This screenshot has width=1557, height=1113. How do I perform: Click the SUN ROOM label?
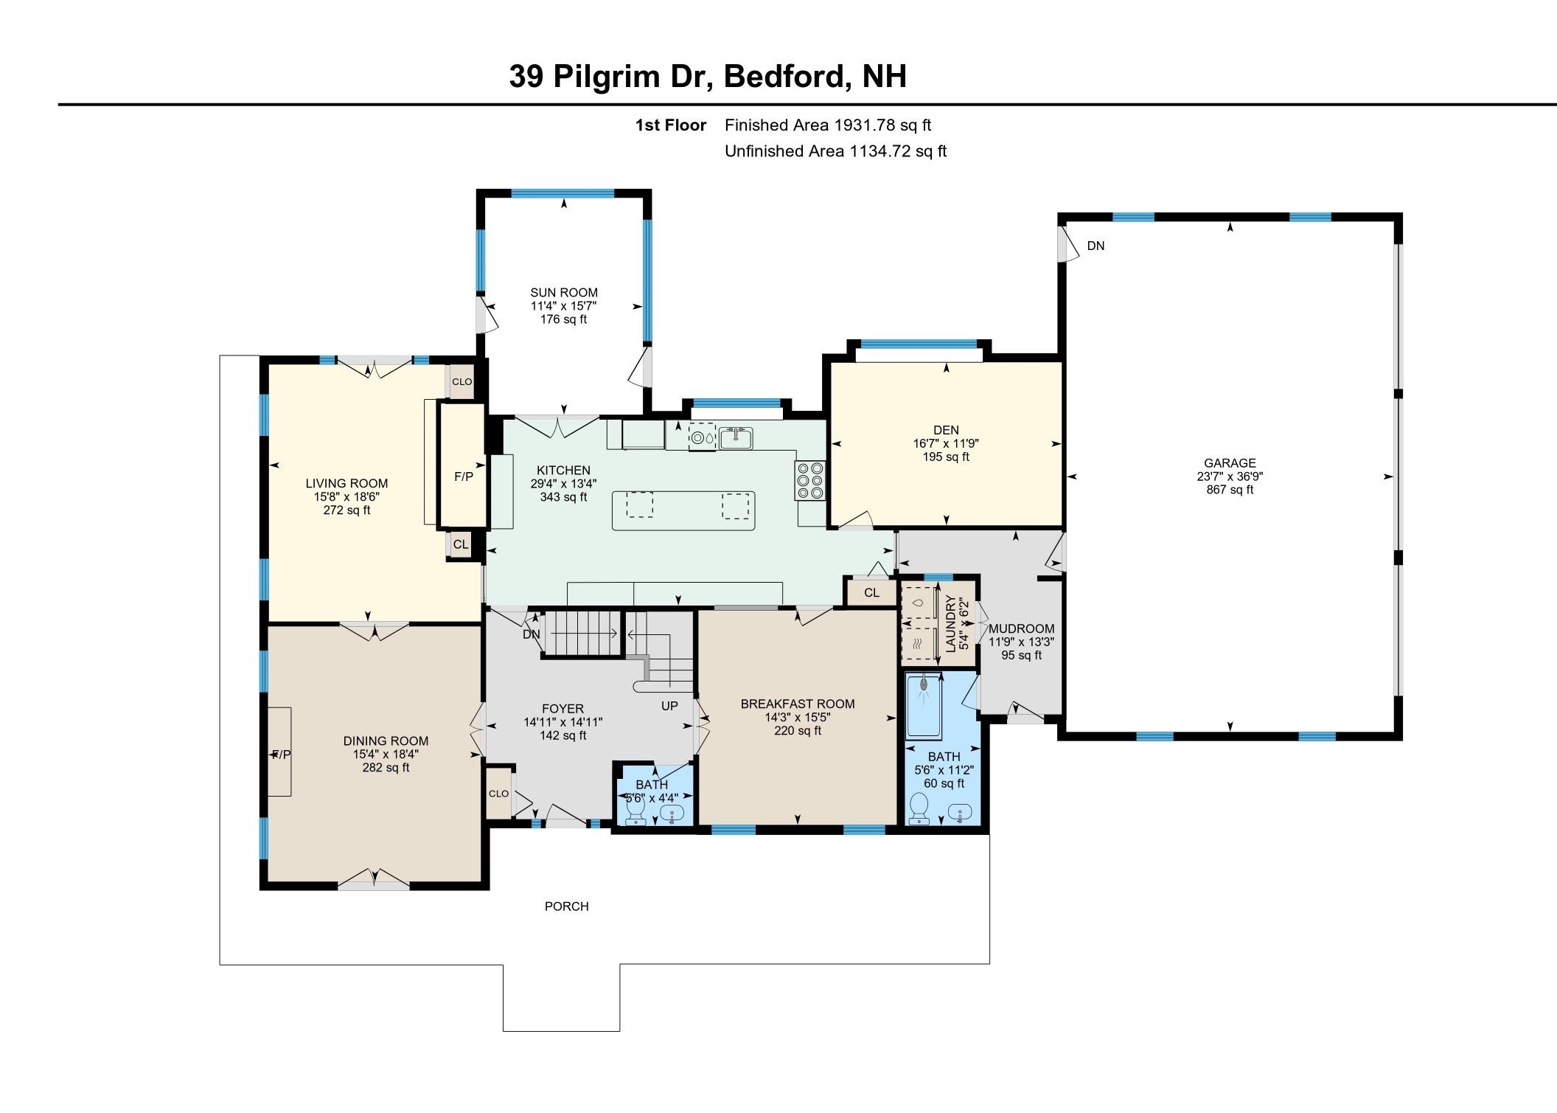click(x=564, y=293)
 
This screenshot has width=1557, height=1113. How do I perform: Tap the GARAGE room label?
click(x=1230, y=463)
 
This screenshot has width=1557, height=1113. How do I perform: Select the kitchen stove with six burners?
click(x=810, y=481)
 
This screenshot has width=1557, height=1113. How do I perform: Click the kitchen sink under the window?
click(x=736, y=438)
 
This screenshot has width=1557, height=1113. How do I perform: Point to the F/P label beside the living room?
click(x=464, y=477)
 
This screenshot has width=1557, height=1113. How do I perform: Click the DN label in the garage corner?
click(x=1096, y=246)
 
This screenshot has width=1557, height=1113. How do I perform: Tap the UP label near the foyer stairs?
click(x=669, y=706)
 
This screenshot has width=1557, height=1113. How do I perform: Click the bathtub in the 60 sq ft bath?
click(x=924, y=707)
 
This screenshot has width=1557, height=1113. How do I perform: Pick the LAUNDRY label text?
click(x=950, y=623)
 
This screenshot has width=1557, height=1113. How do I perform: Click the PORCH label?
click(x=566, y=906)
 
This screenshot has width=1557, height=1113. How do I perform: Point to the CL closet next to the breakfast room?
click(x=871, y=593)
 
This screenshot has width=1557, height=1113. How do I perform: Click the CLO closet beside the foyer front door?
click(x=498, y=794)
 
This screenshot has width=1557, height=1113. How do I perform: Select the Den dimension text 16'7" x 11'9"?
click(x=946, y=444)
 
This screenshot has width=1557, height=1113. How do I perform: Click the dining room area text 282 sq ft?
click(x=386, y=768)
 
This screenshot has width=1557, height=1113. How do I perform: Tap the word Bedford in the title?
click(x=785, y=77)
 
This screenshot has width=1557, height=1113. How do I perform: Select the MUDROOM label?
click(x=1021, y=629)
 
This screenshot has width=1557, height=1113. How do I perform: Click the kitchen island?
click(x=683, y=510)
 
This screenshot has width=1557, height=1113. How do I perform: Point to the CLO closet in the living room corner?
click(x=461, y=382)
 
